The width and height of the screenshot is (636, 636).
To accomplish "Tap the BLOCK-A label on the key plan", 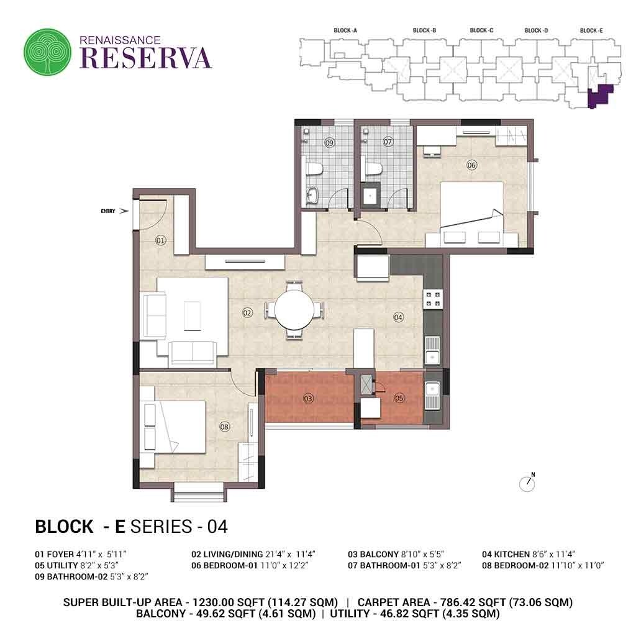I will point(345,30).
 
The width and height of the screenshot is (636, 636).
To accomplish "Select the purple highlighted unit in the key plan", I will point(599,96).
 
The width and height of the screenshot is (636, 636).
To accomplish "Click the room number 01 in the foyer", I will point(160,240).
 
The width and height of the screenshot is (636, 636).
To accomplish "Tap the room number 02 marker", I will point(247,312).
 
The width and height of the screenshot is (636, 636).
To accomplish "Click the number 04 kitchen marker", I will point(398,317).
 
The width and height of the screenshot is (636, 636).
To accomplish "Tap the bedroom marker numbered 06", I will point(471,165).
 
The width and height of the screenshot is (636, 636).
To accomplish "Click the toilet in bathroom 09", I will point(314,168).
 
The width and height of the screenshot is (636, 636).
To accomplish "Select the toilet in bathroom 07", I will point(373,168).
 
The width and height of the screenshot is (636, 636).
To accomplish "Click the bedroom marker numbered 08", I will point(225,426).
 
